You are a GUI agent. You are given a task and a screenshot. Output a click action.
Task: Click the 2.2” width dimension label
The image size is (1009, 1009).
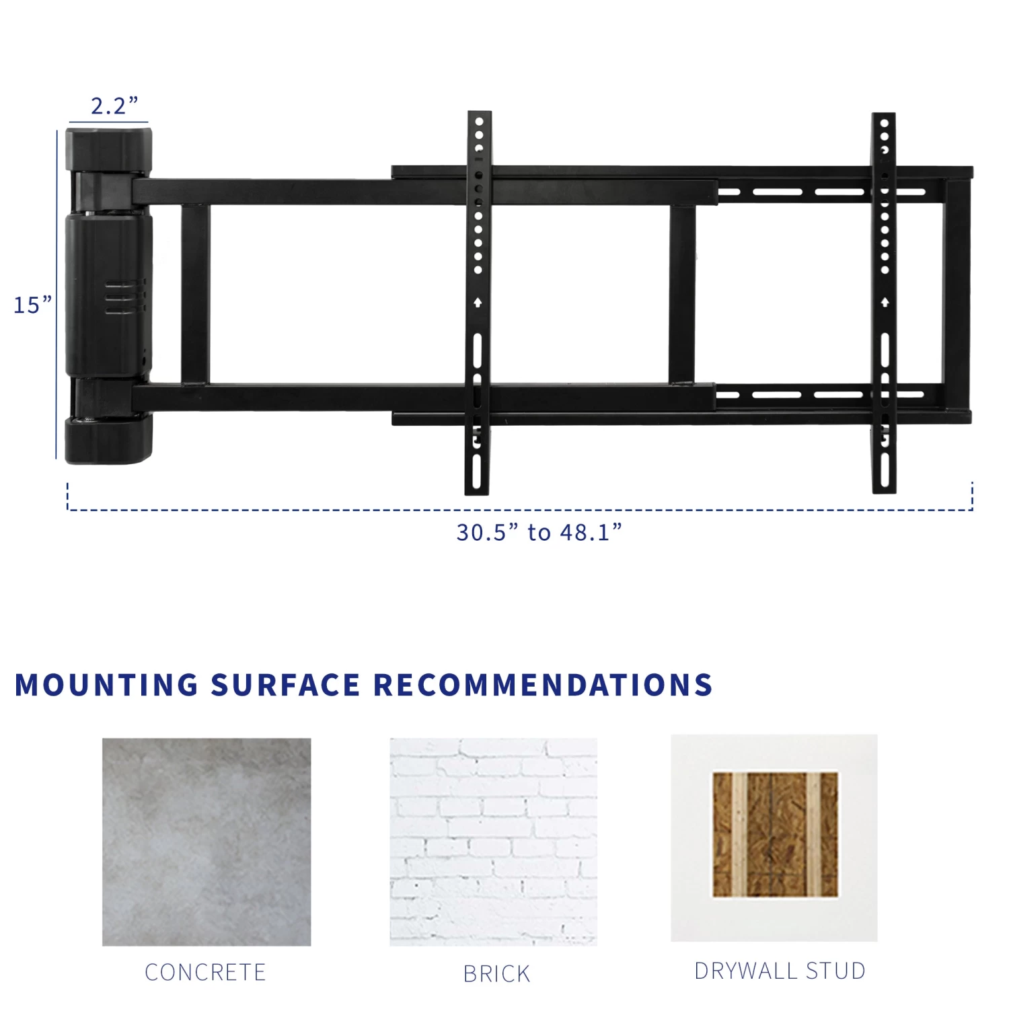pyautogui.click(x=114, y=106)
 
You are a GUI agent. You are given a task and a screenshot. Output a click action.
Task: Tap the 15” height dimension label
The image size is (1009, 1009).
pyautogui.click(x=32, y=305)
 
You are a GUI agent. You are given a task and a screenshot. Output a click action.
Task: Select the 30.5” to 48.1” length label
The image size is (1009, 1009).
pyautogui.click(x=539, y=532)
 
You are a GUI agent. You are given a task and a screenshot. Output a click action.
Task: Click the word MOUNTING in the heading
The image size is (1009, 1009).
pyautogui.click(x=106, y=685)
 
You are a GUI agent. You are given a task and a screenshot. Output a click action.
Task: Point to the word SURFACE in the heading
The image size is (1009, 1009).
pyautogui.click(x=285, y=685)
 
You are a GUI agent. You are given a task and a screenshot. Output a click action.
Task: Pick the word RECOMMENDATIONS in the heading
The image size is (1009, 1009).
pyautogui.click(x=542, y=685)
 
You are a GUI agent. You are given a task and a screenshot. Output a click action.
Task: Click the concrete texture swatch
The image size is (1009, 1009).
pyautogui.click(x=207, y=842)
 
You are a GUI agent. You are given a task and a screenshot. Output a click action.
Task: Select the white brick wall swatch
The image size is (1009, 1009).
pyautogui.click(x=493, y=842)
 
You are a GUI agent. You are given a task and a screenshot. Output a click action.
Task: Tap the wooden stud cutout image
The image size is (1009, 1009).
pyautogui.click(x=775, y=834)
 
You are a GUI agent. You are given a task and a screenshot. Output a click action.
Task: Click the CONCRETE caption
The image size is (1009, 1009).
pyautogui.click(x=205, y=972)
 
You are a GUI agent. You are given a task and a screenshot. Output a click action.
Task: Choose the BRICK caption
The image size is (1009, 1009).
pyautogui.click(x=496, y=973)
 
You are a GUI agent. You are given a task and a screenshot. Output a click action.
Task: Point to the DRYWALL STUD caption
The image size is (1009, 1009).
pyautogui.click(x=780, y=971)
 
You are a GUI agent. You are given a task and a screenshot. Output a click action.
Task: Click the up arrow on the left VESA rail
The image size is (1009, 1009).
pyautogui.click(x=478, y=303)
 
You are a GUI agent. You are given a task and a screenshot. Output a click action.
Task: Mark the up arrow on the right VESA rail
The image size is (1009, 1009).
pyautogui.click(x=885, y=303)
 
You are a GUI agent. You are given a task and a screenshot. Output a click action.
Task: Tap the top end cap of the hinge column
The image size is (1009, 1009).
pyautogui.click(x=109, y=149)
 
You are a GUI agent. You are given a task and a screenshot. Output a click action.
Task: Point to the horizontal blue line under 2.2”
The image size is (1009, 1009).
pyautogui.click(x=108, y=123)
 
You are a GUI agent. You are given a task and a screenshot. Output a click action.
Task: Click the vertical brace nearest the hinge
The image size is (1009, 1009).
pyautogui.click(x=195, y=293)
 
